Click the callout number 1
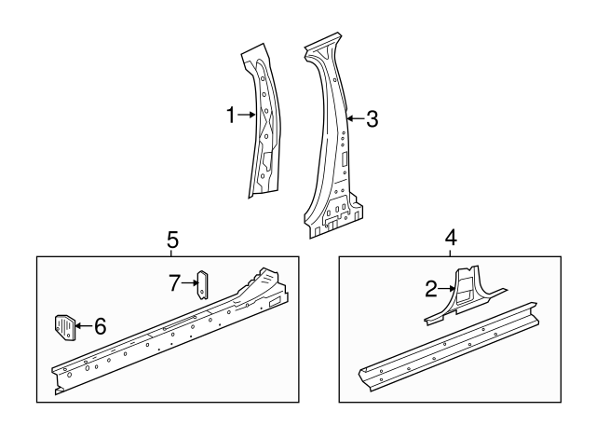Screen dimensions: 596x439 coord(231,115)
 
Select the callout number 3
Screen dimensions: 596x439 coord(372,119)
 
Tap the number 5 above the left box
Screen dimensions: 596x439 coord(172,240)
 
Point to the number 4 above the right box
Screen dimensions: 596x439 coord(451,238)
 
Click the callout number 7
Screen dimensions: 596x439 coord(174,283)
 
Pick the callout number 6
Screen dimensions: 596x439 coord(100,326)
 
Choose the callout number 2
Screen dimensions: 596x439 coord(431,289)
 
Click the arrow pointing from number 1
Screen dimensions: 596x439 coord(246,115)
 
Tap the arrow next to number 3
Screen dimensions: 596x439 coord(355,118)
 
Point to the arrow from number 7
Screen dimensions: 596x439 coord(190,282)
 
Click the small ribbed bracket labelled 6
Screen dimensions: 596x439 coord(64,327)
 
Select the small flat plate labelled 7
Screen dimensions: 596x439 coord(203,284)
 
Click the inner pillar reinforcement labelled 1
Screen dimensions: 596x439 coord(264,121)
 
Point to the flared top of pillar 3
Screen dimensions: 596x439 coord(322,47)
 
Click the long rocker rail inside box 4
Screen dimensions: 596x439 coord(449,347)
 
